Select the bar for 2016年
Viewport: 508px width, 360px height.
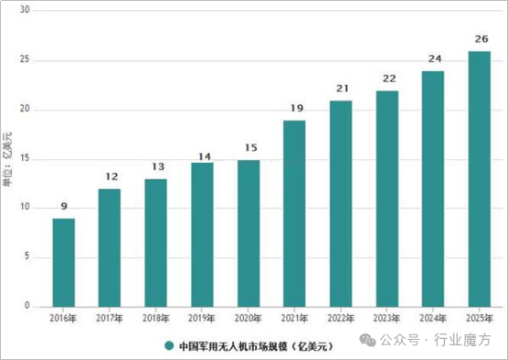point(63,262)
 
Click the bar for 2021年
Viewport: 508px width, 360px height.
point(294,213)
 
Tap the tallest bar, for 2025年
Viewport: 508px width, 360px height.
point(479,178)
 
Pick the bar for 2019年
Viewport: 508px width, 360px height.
point(202,234)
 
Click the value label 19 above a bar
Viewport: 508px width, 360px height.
point(294,109)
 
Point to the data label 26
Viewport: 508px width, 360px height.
point(479,39)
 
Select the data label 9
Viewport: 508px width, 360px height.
point(63,207)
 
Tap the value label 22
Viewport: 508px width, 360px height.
point(386,79)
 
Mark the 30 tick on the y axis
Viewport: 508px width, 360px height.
point(25,11)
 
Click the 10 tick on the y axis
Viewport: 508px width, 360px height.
point(25,208)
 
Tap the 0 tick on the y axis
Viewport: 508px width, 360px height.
point(27,306)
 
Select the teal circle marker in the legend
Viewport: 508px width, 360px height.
point(169,346)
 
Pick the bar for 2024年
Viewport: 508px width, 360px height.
point(432,188)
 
